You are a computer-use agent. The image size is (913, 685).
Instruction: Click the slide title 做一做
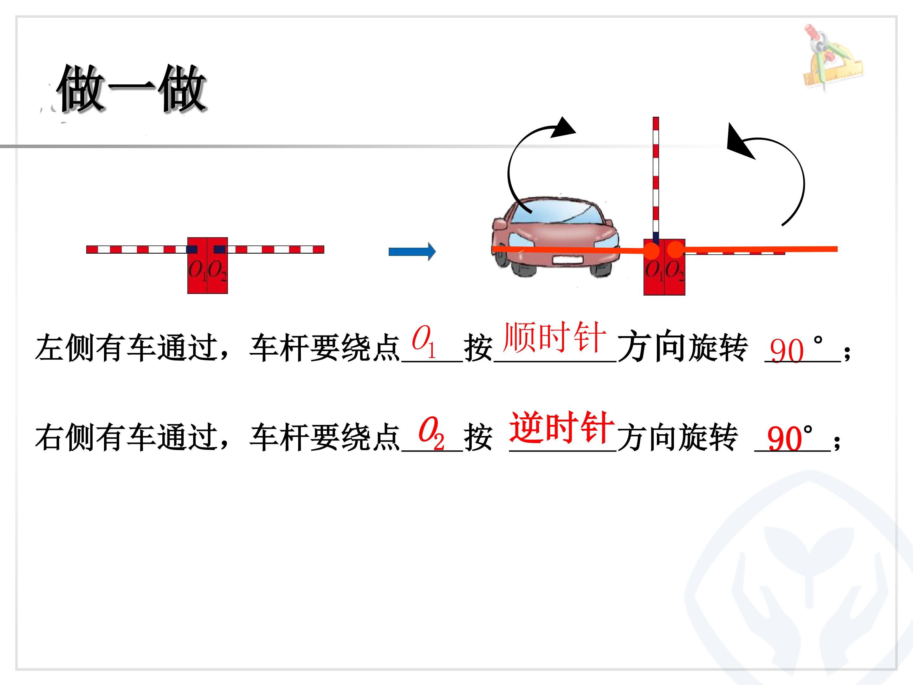[131, 89]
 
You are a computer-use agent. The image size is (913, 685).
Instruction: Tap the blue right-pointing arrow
[412, 251]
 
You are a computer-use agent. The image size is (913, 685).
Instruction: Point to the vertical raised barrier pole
[656, 179]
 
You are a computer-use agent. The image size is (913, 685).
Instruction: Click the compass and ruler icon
[832, 58]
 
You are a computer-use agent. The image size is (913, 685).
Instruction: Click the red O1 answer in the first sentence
[424, 342]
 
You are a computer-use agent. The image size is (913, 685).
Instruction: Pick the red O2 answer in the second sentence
[431, 434]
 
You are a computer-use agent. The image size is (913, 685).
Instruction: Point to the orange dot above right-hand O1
[651, 250]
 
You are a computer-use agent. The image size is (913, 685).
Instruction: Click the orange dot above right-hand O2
[676, 249]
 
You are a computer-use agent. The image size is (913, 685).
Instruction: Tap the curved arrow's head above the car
[563, 127]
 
